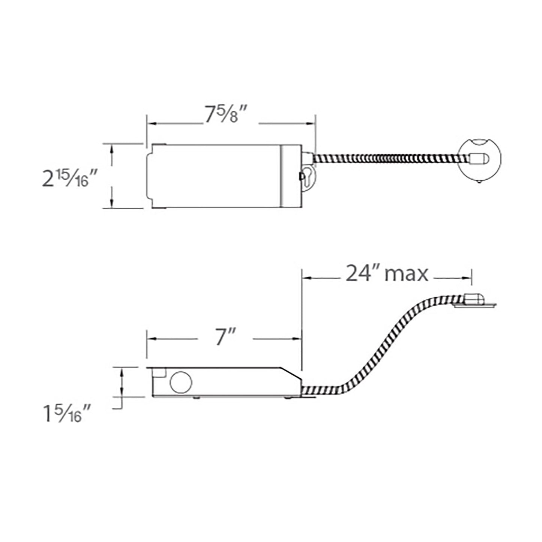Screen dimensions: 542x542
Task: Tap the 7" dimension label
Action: tap(225, 338)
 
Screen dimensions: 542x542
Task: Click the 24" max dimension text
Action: tap(386, 274)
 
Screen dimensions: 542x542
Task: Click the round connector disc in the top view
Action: tap(480, 159)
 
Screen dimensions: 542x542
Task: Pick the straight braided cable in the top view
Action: tap(386, 159)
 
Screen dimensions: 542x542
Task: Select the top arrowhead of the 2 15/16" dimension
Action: tap(112, 148)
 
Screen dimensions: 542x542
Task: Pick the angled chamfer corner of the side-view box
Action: tap(291, 373)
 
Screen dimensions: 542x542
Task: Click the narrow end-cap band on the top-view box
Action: tap(291, 176)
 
